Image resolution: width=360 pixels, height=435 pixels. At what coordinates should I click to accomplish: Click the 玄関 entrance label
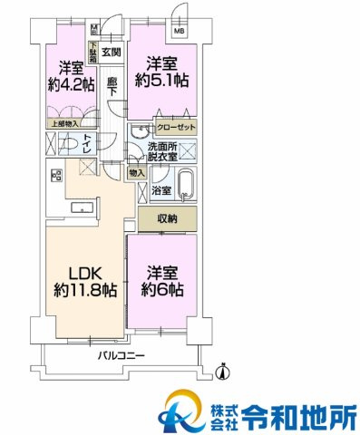[x=112, y=53]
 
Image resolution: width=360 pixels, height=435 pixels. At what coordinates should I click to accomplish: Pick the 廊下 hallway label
[x=112, y=86]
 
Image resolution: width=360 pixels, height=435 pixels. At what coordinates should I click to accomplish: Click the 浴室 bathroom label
[x=161, y=191]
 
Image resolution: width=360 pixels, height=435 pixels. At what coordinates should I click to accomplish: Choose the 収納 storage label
[x=166, y=219]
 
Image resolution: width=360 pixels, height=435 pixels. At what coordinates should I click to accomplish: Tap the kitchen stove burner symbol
[x=56, y=176]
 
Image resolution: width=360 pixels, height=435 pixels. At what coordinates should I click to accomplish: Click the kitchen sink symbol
[x=86, y=207]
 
